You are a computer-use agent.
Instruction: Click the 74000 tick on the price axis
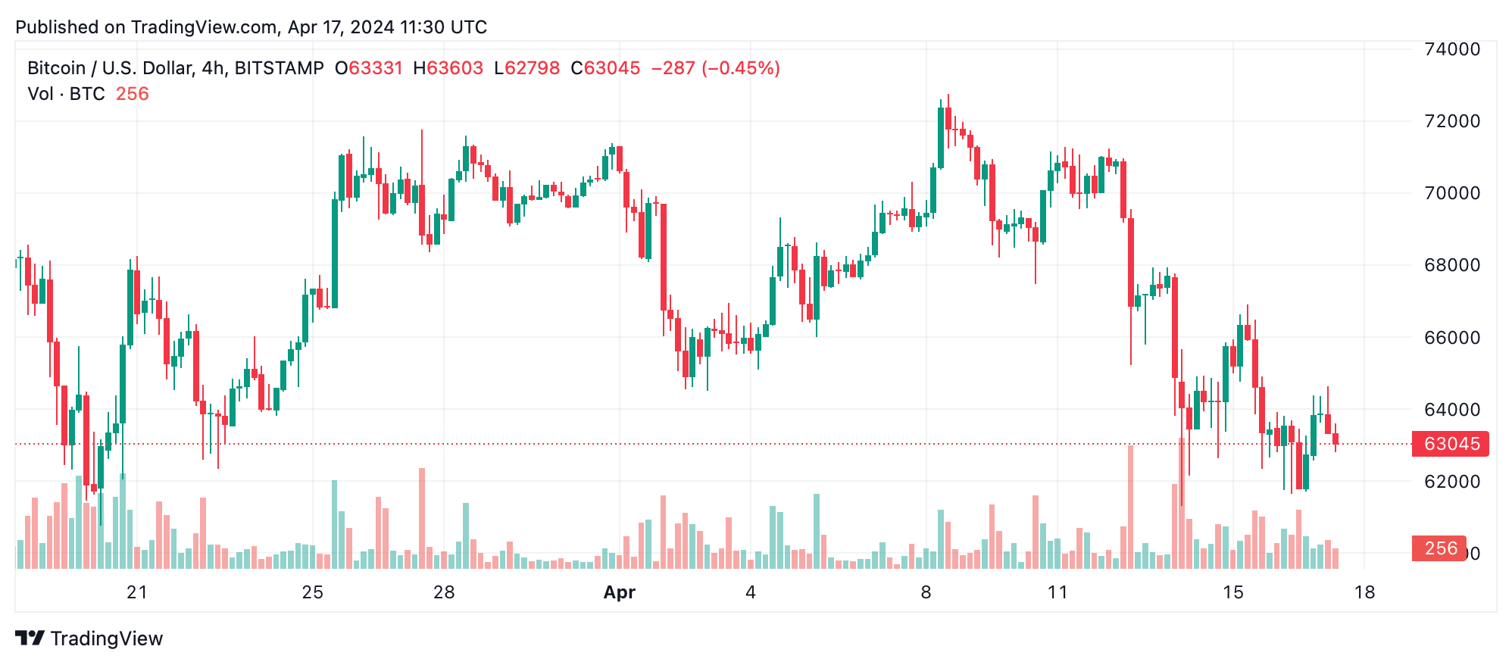(1451, 49)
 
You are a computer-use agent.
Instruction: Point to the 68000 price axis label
(1451, 265)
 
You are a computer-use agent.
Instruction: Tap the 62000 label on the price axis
(1451, 482)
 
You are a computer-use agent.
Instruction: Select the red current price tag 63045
(1451, 444)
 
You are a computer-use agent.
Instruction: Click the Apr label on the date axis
(619, 593)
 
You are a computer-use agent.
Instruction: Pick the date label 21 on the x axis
(137, 593)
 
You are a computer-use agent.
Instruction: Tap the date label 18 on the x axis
(1364, 593)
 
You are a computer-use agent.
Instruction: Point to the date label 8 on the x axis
(926, 593)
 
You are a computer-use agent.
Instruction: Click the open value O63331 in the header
(369, 68)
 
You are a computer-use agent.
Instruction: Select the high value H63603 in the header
(448, 68)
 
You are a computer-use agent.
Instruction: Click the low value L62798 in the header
(526, 68)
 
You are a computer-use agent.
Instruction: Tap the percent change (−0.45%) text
(741, 68)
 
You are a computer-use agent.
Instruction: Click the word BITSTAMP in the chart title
(279, 68)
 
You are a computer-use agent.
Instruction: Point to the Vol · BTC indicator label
(66, 94)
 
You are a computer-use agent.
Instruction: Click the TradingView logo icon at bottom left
(30, 638)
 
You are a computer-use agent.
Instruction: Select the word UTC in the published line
(468, 27)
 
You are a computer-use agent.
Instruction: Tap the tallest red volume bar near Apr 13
(1130, 506)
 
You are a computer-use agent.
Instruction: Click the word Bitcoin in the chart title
(56, 68)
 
